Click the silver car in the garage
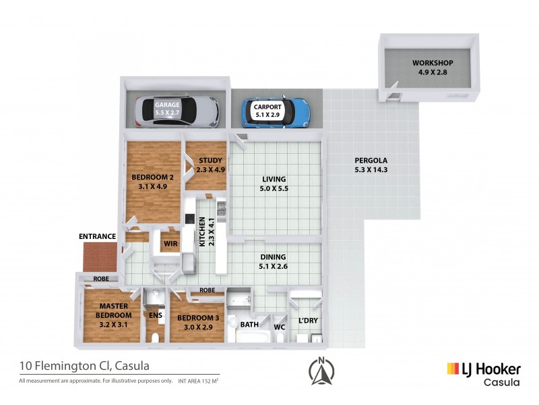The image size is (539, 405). click(177, 111)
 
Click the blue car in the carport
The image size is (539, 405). click(276, 111)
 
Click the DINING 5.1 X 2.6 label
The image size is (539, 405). click(273, 261)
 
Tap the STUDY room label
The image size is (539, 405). click(210, 165)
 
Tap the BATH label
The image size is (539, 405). click(249, 325)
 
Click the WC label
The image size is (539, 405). click(280, 329)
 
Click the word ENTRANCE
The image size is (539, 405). click(98, 237)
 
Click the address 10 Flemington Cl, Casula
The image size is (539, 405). click(84, 367)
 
